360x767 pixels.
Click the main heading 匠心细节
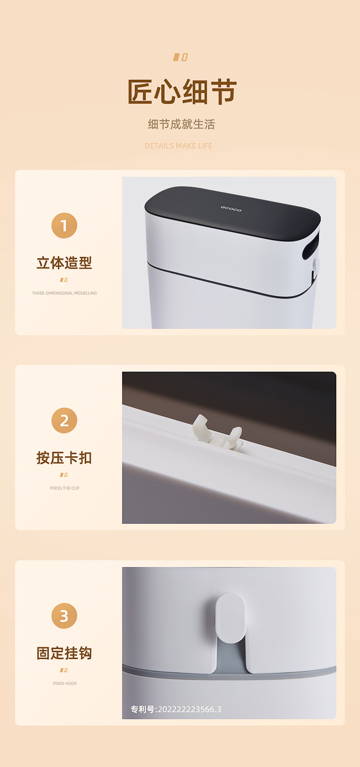coord(181,92)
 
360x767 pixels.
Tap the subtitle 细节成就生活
coord(181,124)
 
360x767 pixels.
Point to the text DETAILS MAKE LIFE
coord(179,146)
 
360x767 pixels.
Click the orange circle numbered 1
coord(64,225)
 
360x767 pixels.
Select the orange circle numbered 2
coord(64,420)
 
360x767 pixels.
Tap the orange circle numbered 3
coord(64,616)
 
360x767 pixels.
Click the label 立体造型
coord(64,263)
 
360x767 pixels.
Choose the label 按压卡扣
coord(64,458)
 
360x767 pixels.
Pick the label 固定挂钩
coord(64,653)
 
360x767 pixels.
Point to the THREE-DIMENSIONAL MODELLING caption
coord(64,293)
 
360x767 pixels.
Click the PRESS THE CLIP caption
coord(64,488)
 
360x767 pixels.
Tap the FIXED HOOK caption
coord(65,683)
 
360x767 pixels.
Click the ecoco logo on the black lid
coord(231,209)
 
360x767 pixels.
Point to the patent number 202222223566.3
coord(189,709)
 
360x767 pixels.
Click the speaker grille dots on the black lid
coord(216,222)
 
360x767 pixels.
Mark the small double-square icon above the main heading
coord(180,57)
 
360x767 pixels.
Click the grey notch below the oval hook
coord(231,656)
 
